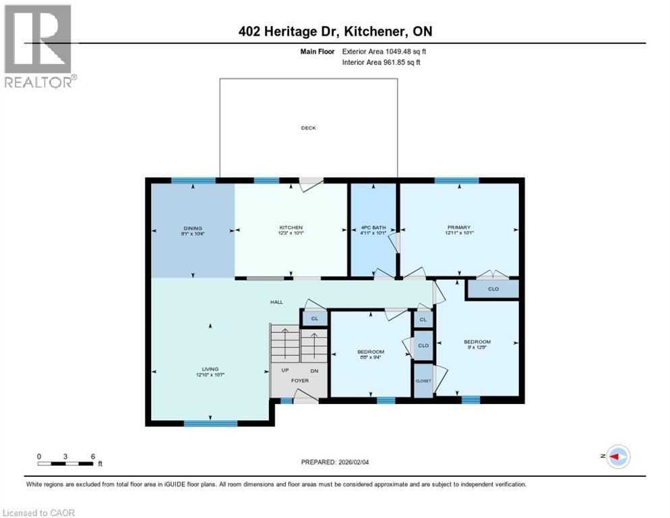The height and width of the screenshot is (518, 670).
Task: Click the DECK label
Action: tap(308, 128)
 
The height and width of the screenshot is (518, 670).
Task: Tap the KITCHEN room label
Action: tap(291, 227)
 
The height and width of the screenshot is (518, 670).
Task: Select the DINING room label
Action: tap(192, 228)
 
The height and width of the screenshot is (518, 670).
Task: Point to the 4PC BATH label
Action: tap(372, 227)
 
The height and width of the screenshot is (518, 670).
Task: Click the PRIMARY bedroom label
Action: tap(458, 227)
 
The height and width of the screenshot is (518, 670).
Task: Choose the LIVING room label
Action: tap(210, 369)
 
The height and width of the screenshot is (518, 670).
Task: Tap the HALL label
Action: tap(277, 302)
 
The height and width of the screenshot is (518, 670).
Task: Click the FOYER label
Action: tap(300, 380)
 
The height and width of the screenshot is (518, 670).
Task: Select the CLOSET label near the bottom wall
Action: tap(423, 380)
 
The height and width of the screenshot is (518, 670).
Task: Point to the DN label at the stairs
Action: tap(314, 371)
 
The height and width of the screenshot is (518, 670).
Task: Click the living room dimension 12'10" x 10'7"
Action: tap(210, 376)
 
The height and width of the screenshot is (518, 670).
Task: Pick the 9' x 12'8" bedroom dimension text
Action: tap(477, 348)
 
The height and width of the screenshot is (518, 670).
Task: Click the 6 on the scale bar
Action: tap(92, 456)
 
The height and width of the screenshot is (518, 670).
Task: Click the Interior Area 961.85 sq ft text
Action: tap(382, 62)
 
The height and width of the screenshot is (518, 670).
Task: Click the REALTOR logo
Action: tap(39, 46)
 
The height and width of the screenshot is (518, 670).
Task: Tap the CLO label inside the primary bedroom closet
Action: tap(493, 289)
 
